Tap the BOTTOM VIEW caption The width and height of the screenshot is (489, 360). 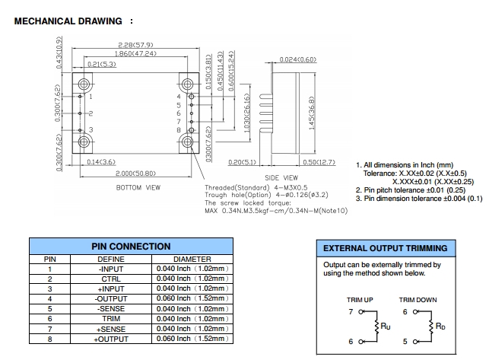138,186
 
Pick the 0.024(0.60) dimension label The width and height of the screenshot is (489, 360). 298,59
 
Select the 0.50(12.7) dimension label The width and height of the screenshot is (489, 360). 319,161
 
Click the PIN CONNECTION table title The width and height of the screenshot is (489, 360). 131,247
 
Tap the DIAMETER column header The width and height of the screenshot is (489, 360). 192,259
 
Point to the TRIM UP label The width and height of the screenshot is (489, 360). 360,300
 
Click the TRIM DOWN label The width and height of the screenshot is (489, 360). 418,300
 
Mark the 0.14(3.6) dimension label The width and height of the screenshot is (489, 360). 100,161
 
